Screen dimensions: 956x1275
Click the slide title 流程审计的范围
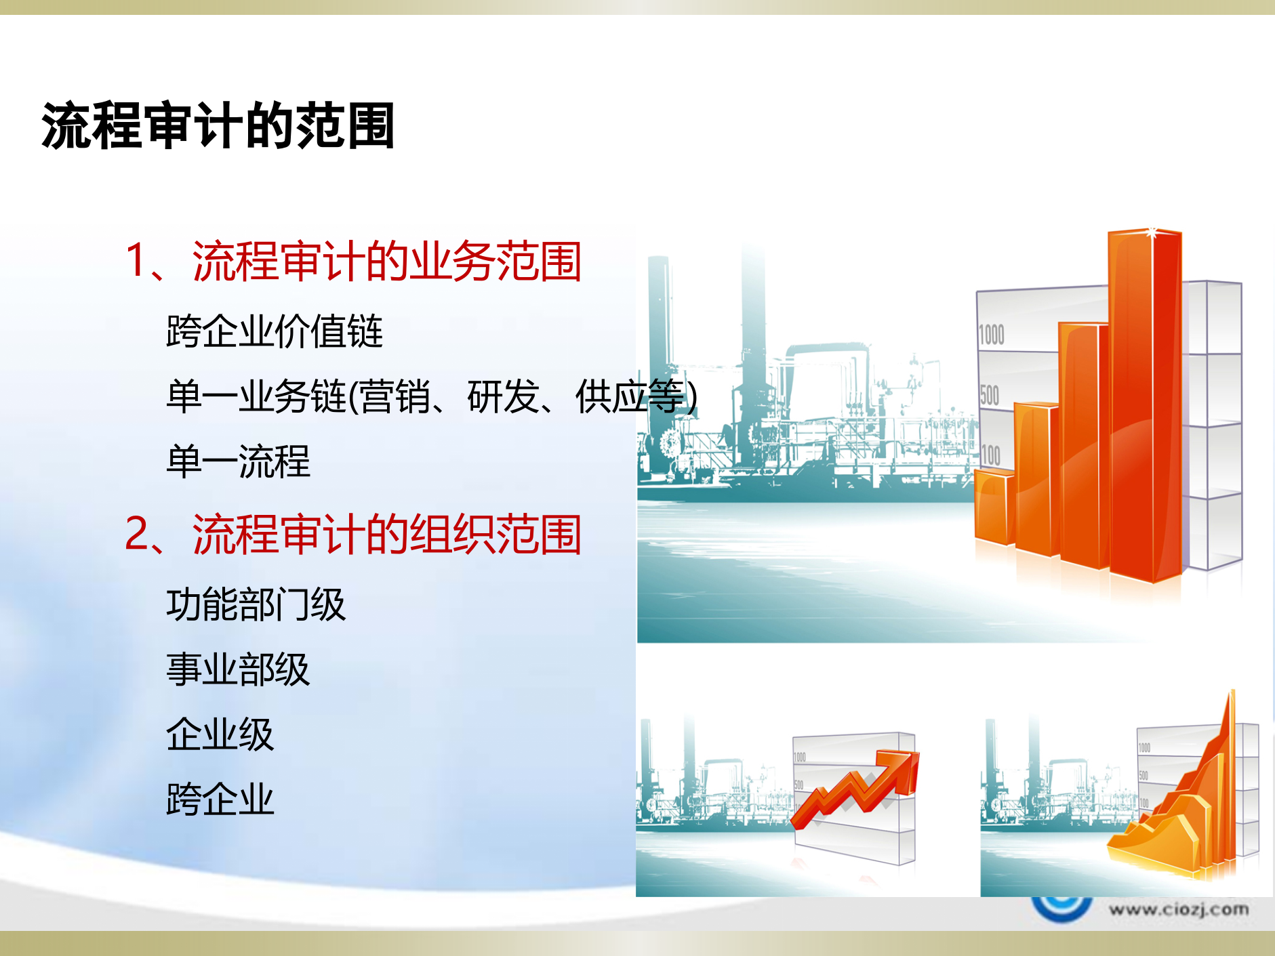(x=218, y=126)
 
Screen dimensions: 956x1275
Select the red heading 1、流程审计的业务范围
(x=353, y=262)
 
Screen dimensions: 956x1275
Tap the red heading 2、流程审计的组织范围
(x=353, y=535)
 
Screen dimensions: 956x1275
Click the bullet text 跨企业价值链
(x=275, y=332)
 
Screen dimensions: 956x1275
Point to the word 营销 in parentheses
(x=395, y=397)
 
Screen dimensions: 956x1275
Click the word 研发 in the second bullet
(x=502, y=397)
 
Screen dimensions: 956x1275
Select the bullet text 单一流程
(x=238, y=462)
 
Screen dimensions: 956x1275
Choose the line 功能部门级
(x=256, y=605)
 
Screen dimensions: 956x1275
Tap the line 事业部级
(x=238, y=670)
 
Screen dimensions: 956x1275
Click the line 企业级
(x=220, y=735)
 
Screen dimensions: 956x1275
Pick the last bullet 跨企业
(x=220, y=799)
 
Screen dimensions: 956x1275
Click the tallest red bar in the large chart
(x=1144, y=407)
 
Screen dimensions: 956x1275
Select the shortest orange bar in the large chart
(x=994, y=508)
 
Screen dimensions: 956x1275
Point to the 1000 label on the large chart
(x=991, y=335)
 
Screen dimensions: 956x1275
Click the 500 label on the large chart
(x=989, y=395)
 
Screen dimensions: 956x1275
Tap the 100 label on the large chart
(x=990, y=455)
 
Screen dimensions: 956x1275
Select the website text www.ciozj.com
(x=1179, y=909)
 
